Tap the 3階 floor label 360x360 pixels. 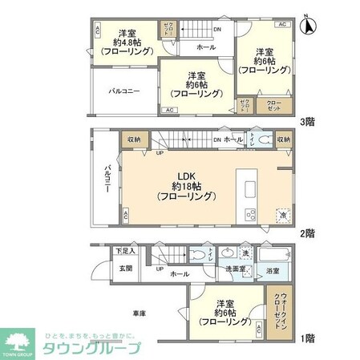(306, 123)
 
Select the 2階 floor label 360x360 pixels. (306, 233)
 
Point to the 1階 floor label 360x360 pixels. (306, 338)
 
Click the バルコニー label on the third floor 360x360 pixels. (124, 91)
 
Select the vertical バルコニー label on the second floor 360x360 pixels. (106, 183)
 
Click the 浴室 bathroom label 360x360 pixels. (273, 271)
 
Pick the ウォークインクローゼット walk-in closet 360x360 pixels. (277, 310)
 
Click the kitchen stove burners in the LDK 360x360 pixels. (248, 214)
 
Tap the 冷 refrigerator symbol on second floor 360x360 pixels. (282, 216)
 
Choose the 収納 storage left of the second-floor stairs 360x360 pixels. (134, 140)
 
